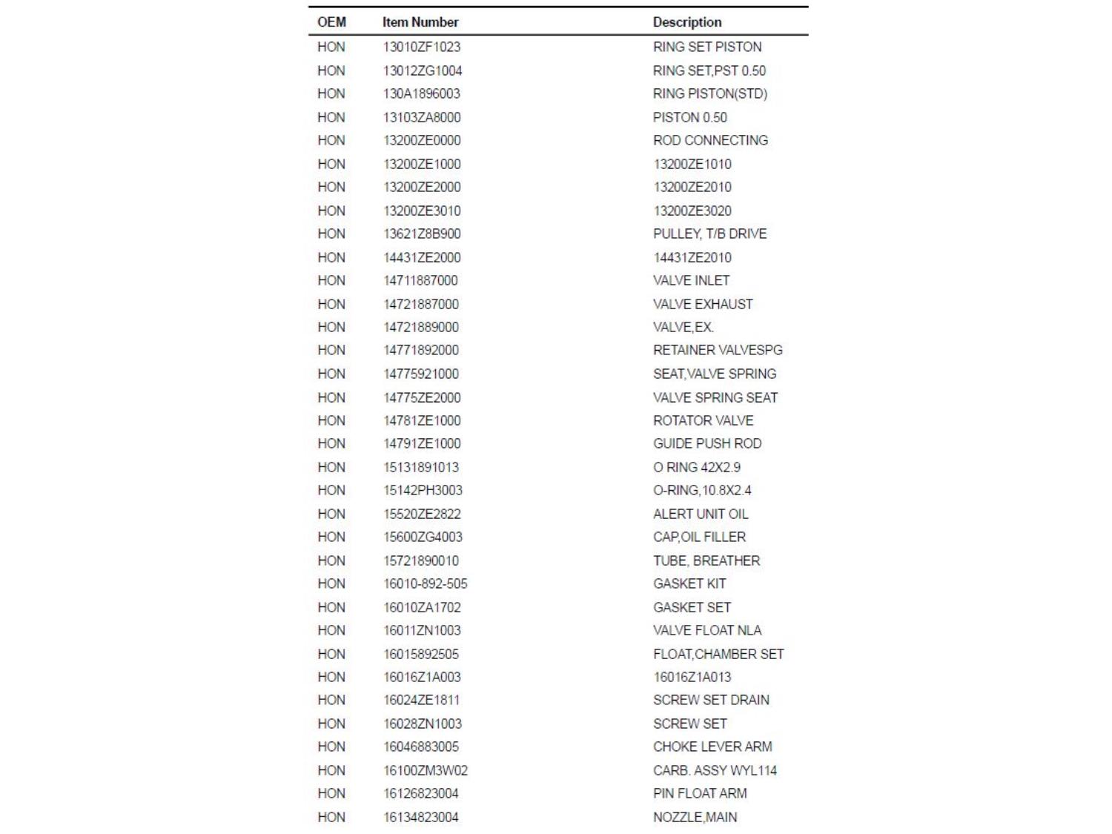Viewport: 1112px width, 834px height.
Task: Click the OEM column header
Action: [331, 22]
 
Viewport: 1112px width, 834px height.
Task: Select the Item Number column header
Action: [420, 22]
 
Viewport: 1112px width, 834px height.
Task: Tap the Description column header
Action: [686, 22]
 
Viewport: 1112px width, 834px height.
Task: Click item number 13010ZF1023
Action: [421, 47]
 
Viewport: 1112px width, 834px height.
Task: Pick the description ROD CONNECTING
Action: [710, 140]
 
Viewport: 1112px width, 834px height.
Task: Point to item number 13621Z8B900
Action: [422, 234]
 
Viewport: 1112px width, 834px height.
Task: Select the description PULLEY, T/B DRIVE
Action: [709, 234]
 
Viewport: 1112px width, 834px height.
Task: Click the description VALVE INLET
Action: [691, 280]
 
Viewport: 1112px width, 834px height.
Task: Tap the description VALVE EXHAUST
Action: [703, 304]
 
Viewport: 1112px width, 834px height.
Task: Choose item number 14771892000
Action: [420, 350]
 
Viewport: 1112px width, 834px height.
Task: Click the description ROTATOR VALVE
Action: [703, 420]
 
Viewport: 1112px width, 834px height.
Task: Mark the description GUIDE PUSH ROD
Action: [707, 443]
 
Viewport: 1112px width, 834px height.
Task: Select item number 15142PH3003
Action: [423, 490]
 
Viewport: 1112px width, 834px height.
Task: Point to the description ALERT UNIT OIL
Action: [701, 514]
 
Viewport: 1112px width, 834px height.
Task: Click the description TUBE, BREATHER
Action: [706, 560]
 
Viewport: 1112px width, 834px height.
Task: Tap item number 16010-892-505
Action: [425, 583]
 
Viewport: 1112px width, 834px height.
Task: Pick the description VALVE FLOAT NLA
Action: [707, 630]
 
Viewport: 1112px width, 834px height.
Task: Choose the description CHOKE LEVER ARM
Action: [712, 747]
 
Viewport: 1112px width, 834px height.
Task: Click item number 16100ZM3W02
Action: [425, 770]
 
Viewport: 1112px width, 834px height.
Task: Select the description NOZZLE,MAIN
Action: [695, 817]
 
